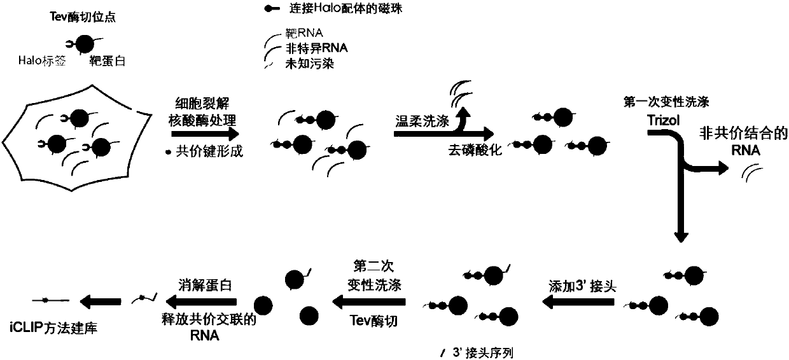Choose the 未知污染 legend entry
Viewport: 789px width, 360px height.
point(311,61)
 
